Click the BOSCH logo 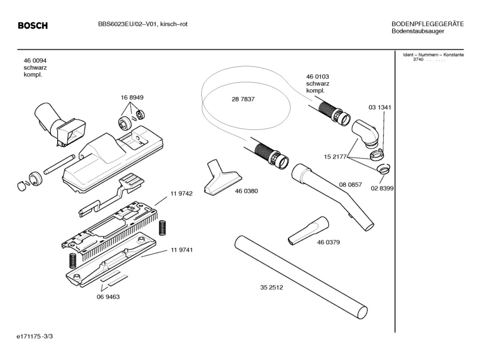[x=33, y=26]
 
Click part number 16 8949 [x=131, y=98]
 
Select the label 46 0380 [x=247, y=191]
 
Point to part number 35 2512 [x=271, y=287]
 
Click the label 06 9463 [x=108, y=297]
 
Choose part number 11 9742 [x=181, y=193]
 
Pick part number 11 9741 [x=181, y=250]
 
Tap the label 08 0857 [x=351, y=185]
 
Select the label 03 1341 [x=380, y=107]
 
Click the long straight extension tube [x=300, y=276]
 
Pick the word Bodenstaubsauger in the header [x=418, y=31]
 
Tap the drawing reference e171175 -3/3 [x=35, y=337]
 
